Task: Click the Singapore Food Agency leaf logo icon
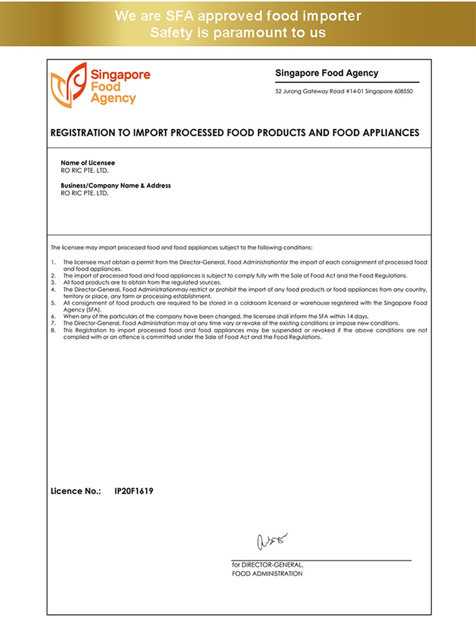tap(68, 86)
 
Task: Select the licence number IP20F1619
tap(134, 491)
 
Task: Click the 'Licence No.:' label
tap(76, 491)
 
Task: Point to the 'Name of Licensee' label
tap(88, 163)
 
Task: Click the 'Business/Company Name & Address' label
tap(116, 185)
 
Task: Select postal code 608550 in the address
tap(403, 91)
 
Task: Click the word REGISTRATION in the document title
tap(83, 133)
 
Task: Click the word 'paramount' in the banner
tap(250, 32)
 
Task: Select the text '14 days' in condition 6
tap(357, 316)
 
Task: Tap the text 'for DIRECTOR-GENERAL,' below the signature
tap(268, 565)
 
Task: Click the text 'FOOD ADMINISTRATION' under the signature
tap(267, 573)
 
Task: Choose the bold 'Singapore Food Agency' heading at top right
tap(327, 73)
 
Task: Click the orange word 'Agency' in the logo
tap(113, 98)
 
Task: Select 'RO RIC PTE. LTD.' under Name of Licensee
tap(85, 170)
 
